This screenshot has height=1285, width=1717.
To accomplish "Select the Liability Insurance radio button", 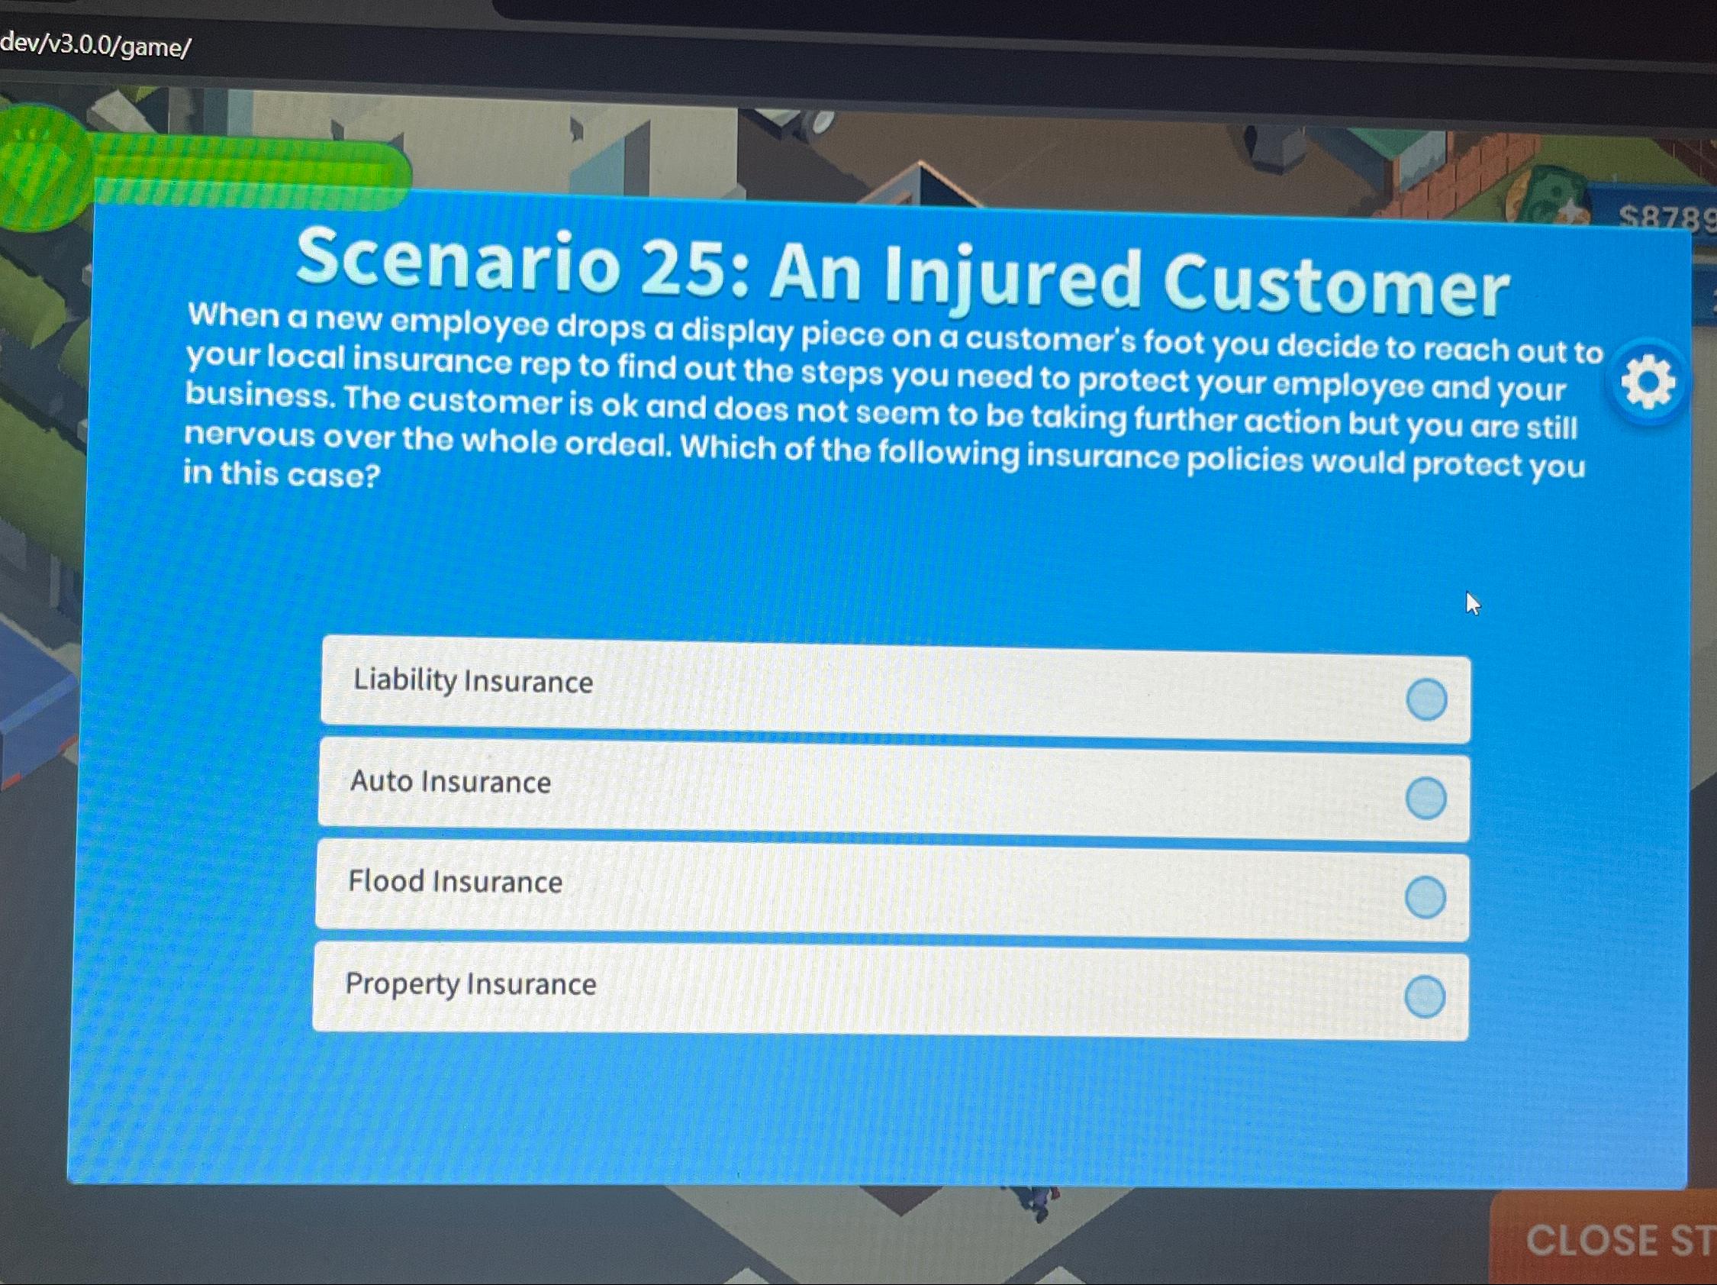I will click(1426, 699).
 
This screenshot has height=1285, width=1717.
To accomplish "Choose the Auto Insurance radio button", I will click(1425, 798).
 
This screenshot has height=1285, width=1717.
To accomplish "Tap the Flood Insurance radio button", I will click(1425, 898).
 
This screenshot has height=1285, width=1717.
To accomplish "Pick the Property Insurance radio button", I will click(1425, 997).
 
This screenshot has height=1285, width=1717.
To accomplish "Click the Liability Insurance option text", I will click(472, 681).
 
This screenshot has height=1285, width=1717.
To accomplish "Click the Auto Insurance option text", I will click(450, 781).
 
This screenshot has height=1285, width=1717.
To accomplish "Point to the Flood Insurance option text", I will click(455, 881).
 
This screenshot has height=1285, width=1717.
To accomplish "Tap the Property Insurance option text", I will click(470, 983).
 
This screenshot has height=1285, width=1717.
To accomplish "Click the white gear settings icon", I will click(1647, 381).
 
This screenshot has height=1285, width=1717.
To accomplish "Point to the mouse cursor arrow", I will click(1472, 602).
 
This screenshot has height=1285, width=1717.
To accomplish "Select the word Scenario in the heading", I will click(458, 261).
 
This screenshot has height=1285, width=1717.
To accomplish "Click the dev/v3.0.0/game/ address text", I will click(95, 46).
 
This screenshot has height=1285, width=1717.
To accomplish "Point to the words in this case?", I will click(282, 473).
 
